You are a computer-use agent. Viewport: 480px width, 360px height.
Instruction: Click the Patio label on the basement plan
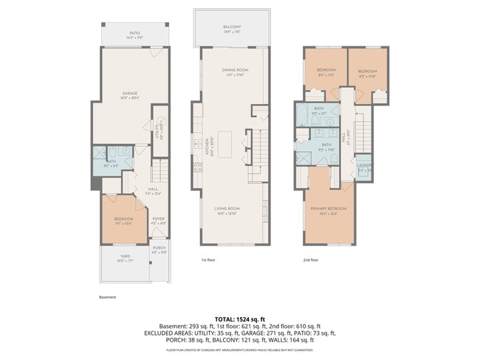[x=134, y=33]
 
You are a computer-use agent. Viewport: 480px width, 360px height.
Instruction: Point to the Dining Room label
[x=235, y=72]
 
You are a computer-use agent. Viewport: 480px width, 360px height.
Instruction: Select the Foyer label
[x=159, y=219]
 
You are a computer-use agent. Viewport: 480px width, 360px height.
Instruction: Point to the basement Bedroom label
[x=123, y=220]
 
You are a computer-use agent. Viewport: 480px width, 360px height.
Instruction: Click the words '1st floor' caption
[x=208, y=260]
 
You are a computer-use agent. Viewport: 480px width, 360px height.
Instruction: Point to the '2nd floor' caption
[x=311, y=260]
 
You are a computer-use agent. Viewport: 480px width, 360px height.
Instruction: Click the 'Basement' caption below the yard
[x=108, y=297]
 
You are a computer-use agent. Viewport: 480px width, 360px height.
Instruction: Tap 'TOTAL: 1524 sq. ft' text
[x=240, y=319]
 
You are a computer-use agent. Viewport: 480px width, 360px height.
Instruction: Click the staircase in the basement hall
[x=157, y=173]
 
